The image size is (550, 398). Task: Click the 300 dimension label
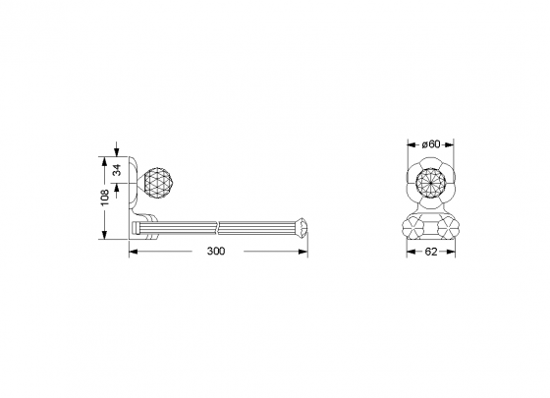pos(216,252)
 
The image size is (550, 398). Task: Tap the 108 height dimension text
pos(105,199)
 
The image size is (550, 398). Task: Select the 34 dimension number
pos(117,170)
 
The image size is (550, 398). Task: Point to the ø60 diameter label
pos(431,144)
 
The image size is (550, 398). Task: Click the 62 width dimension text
pos(431,252)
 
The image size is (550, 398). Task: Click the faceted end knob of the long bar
pos(302,227)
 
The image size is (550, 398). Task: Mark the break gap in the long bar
pos(218,228)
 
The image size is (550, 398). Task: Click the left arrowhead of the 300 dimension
pos(134,252)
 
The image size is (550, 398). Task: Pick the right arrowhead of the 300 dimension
pos(302,252)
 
